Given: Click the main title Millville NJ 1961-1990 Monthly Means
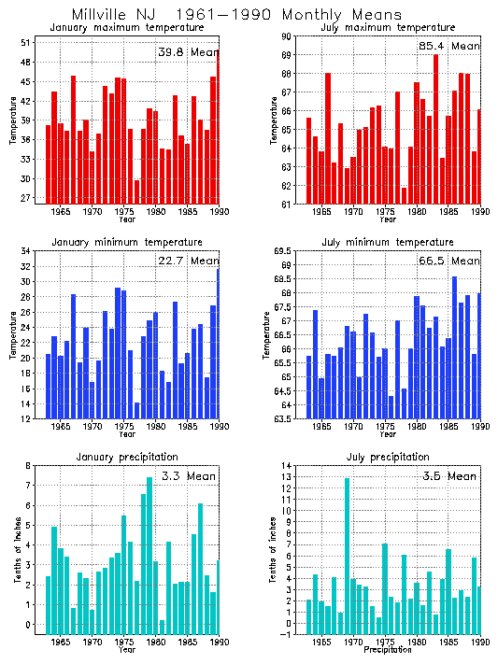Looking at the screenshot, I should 236,14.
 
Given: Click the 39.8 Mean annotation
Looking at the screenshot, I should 187,52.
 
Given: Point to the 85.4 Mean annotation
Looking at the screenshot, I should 449,46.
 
